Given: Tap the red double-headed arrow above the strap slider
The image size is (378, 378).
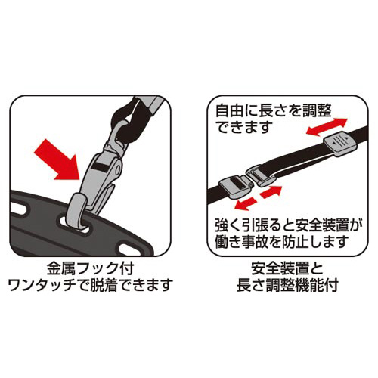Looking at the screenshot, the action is (x=327, y=128).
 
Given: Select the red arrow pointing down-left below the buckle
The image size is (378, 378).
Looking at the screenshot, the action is (x=246, y=204).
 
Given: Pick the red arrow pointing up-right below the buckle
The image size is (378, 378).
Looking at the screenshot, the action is (x=271, y=192).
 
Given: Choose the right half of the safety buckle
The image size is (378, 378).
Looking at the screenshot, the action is (x=262, y=175).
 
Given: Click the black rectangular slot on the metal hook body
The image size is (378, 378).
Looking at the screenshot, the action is (x=100, y=167).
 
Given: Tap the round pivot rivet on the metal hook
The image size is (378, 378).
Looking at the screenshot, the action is (x=117, y=169).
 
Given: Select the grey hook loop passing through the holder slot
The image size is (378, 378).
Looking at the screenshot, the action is (x=76, y=211).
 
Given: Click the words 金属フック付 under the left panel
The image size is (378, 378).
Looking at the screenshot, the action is (x=90, y=268).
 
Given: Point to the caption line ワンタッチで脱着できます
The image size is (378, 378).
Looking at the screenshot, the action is (x=90, y=285).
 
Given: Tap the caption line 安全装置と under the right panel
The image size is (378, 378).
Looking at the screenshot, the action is (x=287, y=268).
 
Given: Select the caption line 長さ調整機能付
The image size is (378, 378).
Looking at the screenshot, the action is (x=287, y=285).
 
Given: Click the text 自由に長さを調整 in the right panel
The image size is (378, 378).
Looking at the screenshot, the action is (x=274, y=111).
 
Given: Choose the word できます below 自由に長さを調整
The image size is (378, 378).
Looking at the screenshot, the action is (x=243, y=127).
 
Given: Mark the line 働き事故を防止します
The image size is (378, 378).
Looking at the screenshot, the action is (x=282, y=242).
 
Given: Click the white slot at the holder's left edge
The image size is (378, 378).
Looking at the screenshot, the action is (x=19, y=207).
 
